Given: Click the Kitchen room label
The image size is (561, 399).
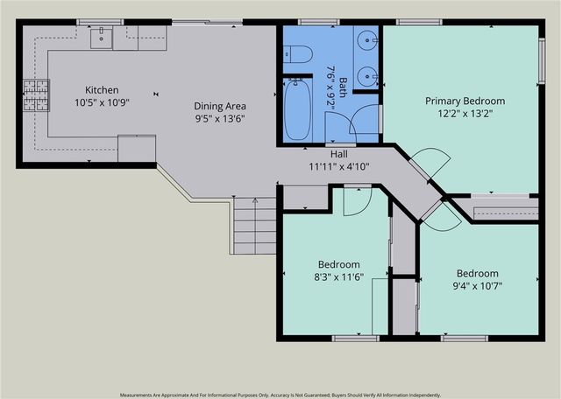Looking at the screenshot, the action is [102, 90].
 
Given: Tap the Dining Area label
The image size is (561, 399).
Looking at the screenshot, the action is [220, 106].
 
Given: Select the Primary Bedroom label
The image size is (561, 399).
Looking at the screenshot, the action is [465, 101].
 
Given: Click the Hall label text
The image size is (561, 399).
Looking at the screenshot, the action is [339, 154].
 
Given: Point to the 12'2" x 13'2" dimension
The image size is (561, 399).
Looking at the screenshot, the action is [465, 114].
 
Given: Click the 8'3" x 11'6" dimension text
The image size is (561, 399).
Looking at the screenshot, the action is [339, 277].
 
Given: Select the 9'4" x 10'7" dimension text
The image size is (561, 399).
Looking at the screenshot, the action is [478, 286].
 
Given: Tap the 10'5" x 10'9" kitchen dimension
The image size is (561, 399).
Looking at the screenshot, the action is [102, 103].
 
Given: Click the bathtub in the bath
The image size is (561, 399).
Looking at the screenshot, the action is [297, 109].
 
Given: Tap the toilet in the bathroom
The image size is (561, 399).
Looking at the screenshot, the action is [298, 54].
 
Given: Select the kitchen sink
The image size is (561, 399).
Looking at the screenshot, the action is [102, 38].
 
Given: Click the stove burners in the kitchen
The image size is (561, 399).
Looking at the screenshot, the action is [36, 95].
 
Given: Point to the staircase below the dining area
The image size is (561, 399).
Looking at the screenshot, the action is [254, 226].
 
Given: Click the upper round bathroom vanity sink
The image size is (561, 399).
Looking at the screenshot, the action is [367, 40].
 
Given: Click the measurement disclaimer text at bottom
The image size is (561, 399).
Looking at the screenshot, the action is [280, 395].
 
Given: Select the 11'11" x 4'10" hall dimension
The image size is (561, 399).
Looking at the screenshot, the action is [339, 166].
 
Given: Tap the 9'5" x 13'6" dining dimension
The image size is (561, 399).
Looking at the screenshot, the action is [220, 119].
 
